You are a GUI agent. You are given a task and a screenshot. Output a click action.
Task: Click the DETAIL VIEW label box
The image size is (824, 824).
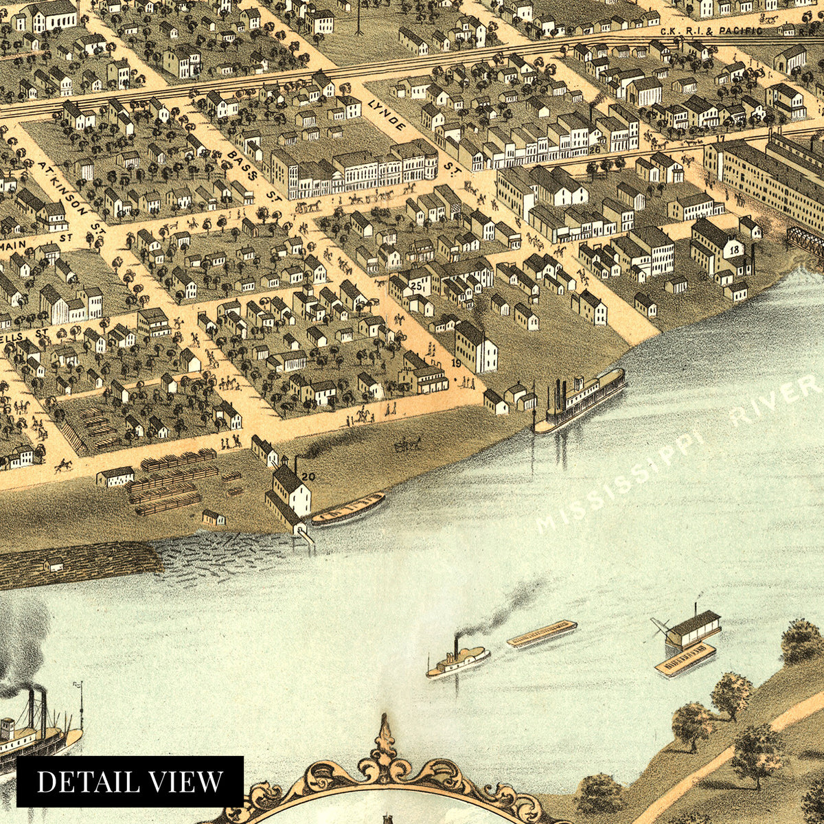(x=130, y=781)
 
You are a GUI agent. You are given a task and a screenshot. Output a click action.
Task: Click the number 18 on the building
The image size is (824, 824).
(x=735, y=249)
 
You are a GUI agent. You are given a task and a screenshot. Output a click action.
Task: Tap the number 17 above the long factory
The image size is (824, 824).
(x=720, y=139)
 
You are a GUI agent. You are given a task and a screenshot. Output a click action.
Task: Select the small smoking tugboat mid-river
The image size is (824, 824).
(x=457, y=661)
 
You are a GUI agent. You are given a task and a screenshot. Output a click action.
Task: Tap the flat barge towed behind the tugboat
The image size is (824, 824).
(x=542, y=634)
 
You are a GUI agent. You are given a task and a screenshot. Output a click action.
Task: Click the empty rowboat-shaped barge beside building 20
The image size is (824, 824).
(x=348, y=509)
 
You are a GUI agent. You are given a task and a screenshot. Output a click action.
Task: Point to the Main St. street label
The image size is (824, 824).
(x=27, y=242)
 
